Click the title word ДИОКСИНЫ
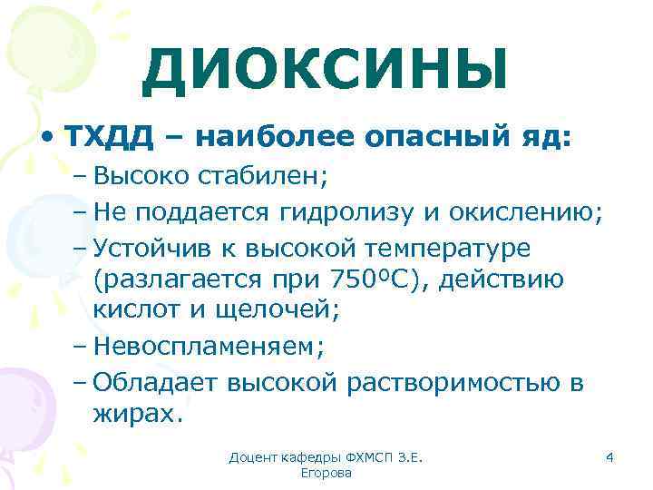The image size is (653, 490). [x=325, y=70]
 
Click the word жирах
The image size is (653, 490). [x=135, y=415]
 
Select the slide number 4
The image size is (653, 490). [x=609, y=459]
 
